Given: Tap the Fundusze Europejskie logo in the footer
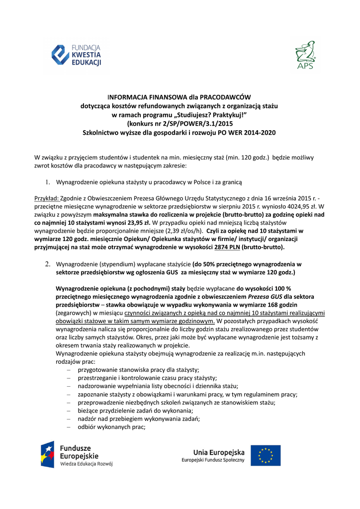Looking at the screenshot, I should (x=77, y=454).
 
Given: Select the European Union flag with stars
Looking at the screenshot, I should (x=265, y=455).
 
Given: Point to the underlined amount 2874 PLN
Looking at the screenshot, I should (x=228, y=247).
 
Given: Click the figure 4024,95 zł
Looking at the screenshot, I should (x=289, y=206).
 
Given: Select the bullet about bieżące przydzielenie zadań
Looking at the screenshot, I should (x=135, y=411).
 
